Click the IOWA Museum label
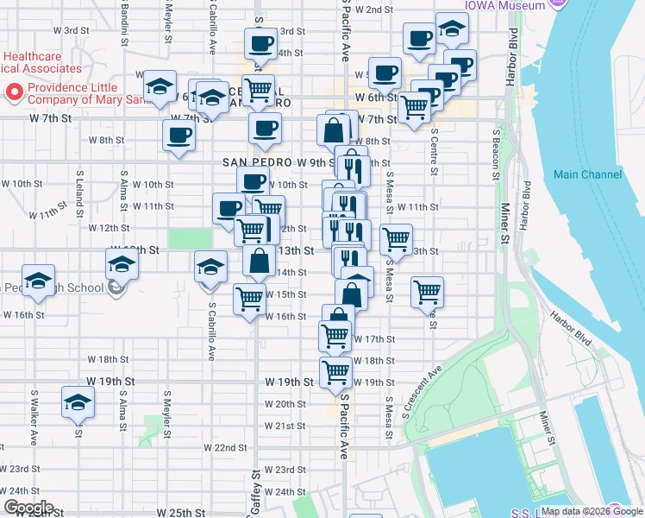[x=504, y=5]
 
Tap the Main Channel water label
[x=587, y=174]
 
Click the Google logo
[x=28, y=508]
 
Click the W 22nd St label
[x=225, y=447]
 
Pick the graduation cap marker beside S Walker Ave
[x=78, y=403]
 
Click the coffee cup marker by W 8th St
[x=178, y=136]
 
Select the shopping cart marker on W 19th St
[x=335, y=373]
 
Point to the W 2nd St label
[x=372, y=9]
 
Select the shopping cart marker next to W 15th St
[x=250, y=299]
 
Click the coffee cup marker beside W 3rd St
[x=260, y=43]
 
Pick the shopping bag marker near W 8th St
[x=333, y=130]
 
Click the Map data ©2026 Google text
[x=591, y=511]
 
